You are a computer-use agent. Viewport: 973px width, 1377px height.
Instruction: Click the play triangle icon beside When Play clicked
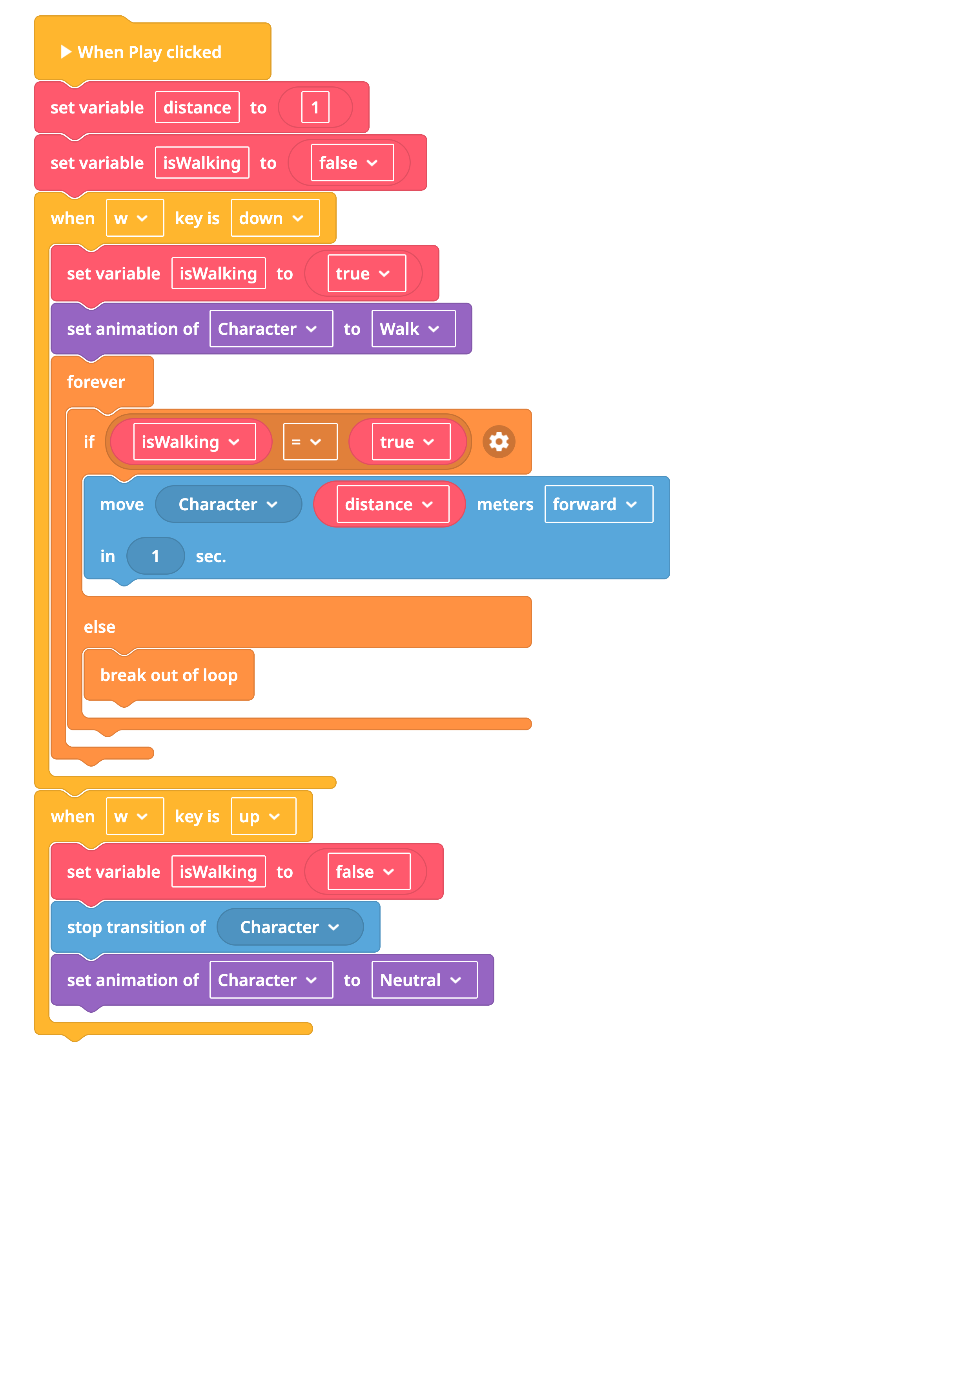pos(66,52)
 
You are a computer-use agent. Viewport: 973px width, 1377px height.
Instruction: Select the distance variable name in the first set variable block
pos(197,107)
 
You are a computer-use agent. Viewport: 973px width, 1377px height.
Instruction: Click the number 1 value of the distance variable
pos(315,107)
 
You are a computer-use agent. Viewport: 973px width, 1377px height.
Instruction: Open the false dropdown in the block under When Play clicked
pos(352,163)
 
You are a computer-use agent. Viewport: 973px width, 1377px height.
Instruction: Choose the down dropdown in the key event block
pos(275,218)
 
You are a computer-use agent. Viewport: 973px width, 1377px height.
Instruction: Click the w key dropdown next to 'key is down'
pos(135,218)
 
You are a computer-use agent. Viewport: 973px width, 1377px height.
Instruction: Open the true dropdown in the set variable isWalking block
pos(367,274)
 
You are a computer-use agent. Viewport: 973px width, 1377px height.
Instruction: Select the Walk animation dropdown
pos(414,329)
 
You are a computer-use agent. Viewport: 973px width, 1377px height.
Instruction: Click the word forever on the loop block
pos(96,382)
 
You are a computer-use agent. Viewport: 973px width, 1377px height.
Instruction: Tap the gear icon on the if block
pos(499,442)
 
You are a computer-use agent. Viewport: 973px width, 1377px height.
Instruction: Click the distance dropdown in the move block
pos(393,504)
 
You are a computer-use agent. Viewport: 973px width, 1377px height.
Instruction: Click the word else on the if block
pos(100,627)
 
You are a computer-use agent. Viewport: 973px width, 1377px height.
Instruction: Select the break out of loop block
pos(169,675)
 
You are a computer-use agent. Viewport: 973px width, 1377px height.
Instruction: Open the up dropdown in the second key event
pos(264,816)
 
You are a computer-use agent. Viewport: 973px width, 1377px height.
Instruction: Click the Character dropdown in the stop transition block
pos(290,927)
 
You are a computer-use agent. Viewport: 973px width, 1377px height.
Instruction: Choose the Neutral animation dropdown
pos(425,980)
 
